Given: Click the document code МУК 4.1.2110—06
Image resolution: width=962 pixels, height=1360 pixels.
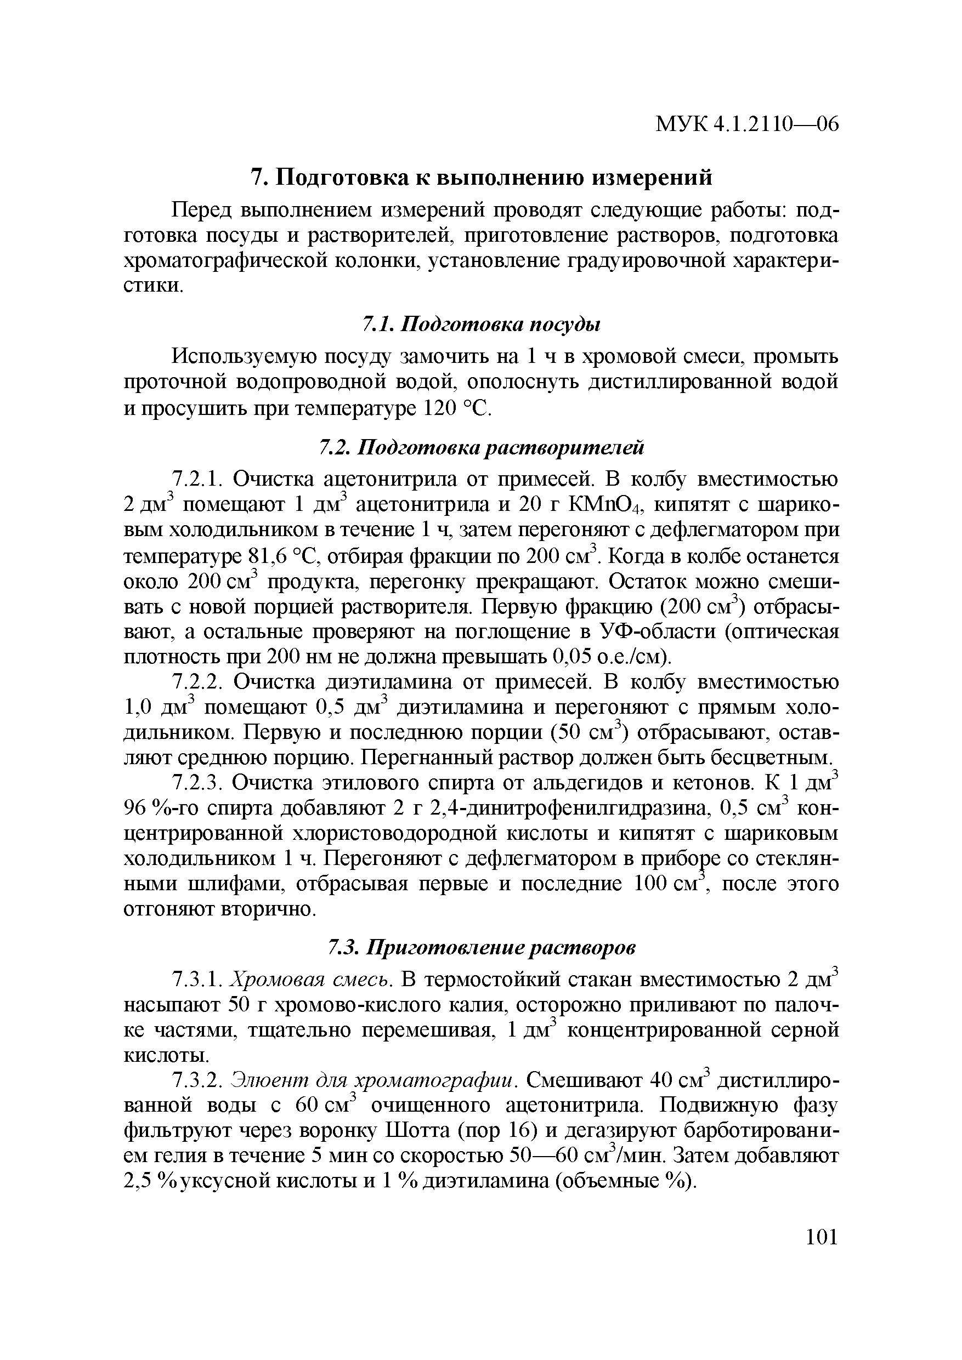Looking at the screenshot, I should (x=747, y=124).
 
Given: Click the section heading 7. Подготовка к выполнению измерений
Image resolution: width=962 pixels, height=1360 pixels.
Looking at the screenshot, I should (x=482, y=177).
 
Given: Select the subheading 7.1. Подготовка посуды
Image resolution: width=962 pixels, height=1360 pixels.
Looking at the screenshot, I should (x=482, y=324).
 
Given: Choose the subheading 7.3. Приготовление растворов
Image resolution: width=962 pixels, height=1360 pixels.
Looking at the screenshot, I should (x=482, y=948).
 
